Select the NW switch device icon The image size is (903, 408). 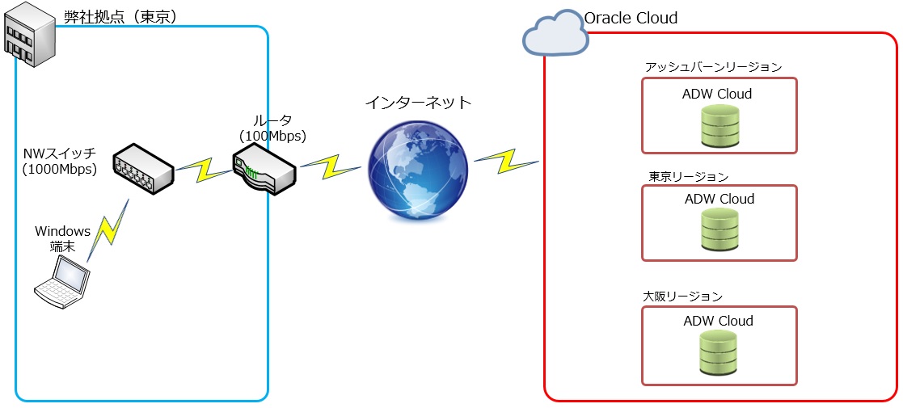point(143,168)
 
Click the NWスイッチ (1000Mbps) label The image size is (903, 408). point(60,161)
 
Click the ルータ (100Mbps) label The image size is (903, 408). point(272,128)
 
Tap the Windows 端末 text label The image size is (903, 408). point(62,239)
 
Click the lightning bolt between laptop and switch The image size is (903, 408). point(108,229)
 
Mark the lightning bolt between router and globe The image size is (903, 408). point(331,166)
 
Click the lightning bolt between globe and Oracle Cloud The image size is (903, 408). point(506,159)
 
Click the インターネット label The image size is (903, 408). point(417,103)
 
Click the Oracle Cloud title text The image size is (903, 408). point(631,18)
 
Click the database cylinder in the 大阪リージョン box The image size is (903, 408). point(719,353)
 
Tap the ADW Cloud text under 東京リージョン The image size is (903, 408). point(719,199)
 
